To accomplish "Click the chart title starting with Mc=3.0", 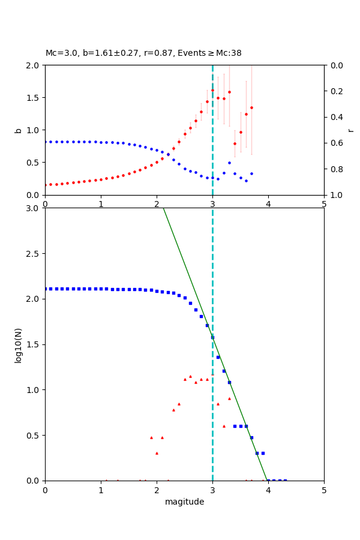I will pos(143,53).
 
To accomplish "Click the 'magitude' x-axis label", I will pos(184,502).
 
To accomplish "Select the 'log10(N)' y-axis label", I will pos(18,344).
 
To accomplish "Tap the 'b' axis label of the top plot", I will pos(18,130).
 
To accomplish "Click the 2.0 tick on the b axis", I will pos(35,65).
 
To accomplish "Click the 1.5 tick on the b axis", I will pos(35,97).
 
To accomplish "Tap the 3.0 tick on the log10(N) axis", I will pos(35,208).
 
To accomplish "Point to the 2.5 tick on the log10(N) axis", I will pos(35,253).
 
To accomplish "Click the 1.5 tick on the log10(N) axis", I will pos(35,344).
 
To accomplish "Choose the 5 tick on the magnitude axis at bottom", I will pos(324,489).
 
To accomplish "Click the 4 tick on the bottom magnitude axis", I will pos(268,489).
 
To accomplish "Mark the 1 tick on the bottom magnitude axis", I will pos(101,489).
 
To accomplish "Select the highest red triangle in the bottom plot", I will pos(212,374).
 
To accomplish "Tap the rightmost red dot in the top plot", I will pos(251,108).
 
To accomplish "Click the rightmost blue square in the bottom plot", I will pos(285,480).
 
